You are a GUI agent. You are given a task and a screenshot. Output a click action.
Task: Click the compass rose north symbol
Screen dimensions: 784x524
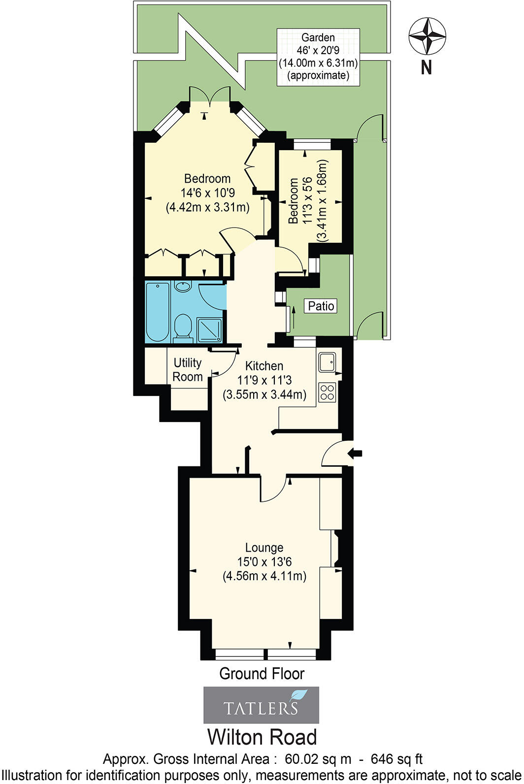[426, 37]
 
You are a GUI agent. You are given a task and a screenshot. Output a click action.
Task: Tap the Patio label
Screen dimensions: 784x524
[321, 306]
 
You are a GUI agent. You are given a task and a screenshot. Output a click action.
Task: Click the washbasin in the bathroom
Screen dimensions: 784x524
[183, 286]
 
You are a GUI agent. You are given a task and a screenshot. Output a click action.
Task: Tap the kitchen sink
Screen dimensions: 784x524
[327, 362]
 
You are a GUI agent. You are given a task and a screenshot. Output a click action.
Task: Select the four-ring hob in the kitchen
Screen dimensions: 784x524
[327, 392]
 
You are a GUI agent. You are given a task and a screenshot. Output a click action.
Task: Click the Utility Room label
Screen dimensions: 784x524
[188, 370]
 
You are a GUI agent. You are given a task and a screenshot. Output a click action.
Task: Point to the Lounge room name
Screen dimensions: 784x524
[264, 548]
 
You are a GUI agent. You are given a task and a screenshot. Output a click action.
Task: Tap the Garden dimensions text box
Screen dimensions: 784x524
[318, 57]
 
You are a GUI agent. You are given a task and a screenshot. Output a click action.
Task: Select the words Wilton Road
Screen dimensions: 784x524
[262, 737]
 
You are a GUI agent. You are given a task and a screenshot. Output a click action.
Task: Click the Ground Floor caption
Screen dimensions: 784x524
[262, 673]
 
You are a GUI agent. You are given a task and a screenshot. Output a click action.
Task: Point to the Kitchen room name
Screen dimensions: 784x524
[264, 366]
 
